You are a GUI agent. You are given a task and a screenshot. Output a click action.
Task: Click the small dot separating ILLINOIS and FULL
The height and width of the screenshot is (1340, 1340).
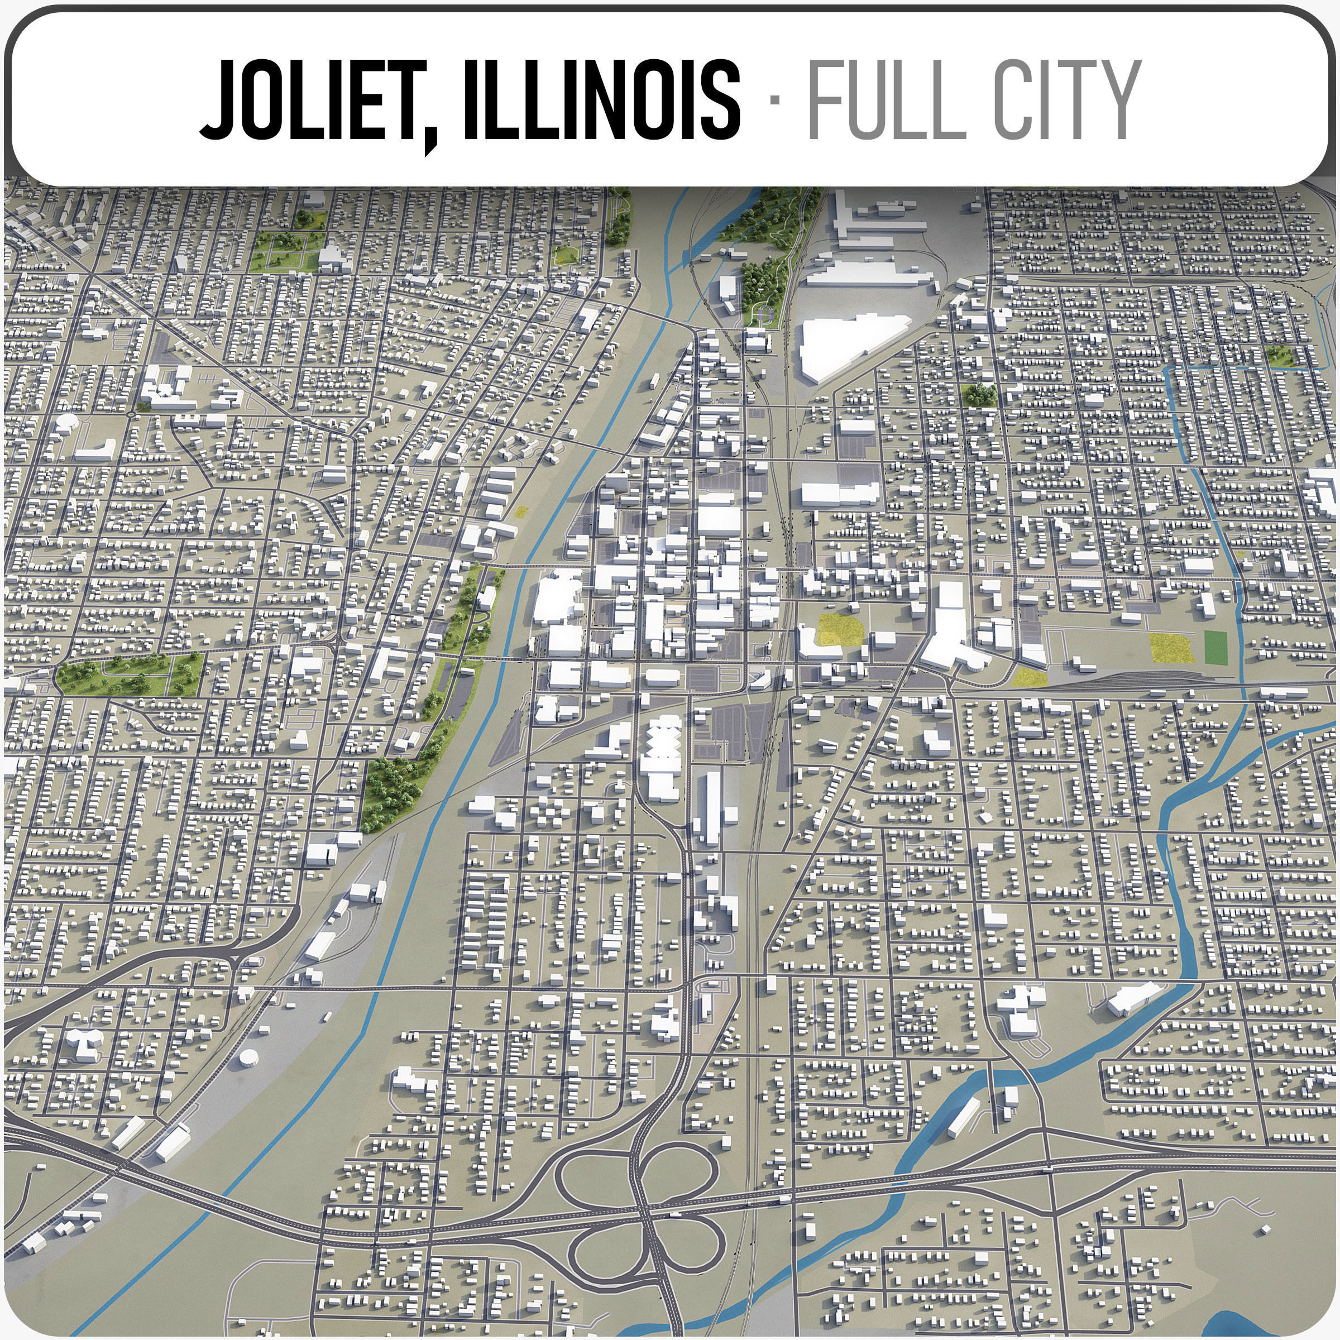point(775,101)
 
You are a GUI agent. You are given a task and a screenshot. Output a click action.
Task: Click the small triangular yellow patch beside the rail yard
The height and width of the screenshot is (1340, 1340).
point(1028,678)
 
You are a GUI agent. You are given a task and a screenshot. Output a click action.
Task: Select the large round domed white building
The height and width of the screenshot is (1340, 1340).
point(67,423)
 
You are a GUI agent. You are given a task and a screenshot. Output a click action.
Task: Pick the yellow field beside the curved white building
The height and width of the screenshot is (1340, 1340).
point(840,630)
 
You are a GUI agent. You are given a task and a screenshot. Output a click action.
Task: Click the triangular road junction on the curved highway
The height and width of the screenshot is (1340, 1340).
point(236,960)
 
